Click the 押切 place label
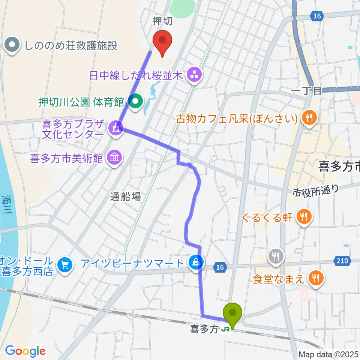tap(163, 21)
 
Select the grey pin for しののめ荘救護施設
tap(12, 46)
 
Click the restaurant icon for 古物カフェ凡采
tap(309, 119)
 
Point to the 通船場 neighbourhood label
tap(126, 196)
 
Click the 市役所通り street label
tap(316, 190)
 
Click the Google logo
tap(25, 351)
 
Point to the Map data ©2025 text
tap(328, 354)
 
